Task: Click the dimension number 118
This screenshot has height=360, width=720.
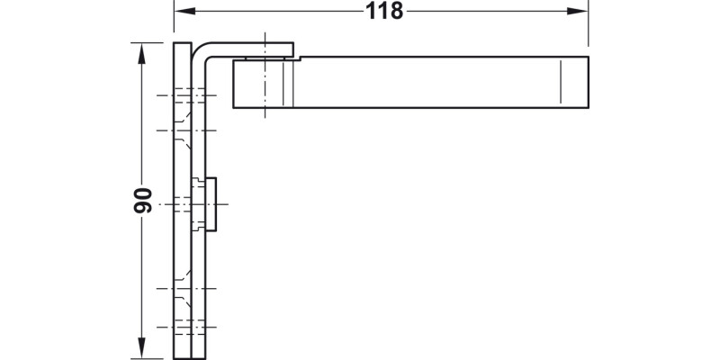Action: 384,11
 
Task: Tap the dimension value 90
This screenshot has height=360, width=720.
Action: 143,200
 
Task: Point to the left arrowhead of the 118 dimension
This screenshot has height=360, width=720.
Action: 185,11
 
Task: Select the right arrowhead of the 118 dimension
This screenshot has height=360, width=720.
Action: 577,11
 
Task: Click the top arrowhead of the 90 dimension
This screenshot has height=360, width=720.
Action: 141,54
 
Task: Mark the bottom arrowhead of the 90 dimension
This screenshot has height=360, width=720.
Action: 141,347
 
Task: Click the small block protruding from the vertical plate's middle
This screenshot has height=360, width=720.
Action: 211,204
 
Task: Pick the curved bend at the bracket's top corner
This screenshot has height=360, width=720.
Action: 199,51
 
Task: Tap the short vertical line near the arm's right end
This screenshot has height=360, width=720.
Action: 561,82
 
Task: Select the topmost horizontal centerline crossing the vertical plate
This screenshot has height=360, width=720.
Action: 186,95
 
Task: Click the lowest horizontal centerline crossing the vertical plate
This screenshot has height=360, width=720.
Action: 186,327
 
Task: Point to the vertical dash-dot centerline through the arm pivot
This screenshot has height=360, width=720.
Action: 265,76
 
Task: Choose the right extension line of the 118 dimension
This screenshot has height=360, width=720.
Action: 589,23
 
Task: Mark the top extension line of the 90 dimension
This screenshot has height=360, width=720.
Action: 147,42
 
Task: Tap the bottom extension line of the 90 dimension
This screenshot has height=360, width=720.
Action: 147,358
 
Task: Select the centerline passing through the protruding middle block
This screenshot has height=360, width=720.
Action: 193,204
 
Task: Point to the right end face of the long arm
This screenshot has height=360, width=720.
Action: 589,82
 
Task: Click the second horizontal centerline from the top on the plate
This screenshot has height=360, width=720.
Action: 186,130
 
